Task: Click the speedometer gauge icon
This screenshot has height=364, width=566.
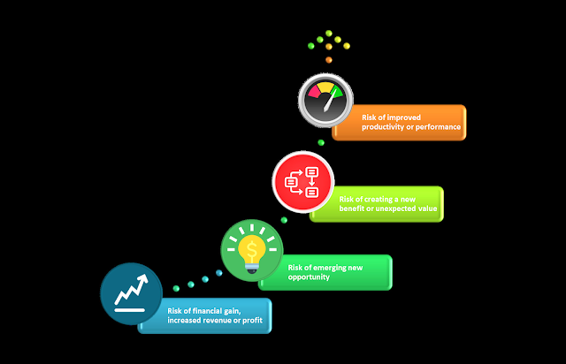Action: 325,101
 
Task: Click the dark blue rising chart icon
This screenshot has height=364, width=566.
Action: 132,292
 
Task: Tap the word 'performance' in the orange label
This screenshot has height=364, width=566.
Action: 437,127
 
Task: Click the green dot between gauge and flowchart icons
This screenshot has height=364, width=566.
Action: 321,141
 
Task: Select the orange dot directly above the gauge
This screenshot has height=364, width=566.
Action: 329,59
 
